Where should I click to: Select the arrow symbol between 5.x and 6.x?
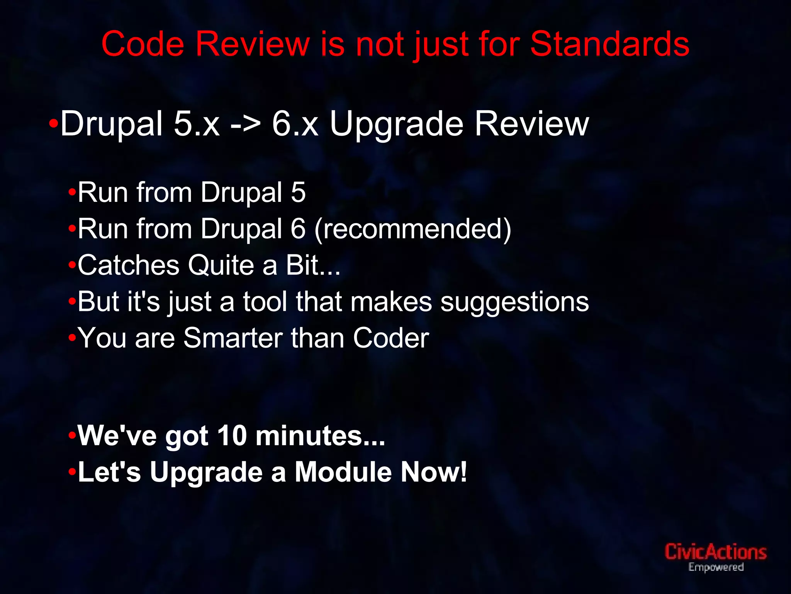pos(245,125)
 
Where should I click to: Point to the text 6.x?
pos(295,125)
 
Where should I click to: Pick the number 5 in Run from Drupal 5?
pos(298,192)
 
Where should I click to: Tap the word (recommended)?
pos(413,229)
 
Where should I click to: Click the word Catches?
pos(129,265)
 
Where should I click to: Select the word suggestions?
pos(514,302)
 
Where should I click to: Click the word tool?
pos(265,302)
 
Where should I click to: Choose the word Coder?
pos(391,338)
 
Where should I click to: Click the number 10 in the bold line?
pos(232,436)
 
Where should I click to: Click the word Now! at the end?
pos(434,472)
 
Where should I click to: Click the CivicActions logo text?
pos(715,552)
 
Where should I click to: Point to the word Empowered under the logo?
pos(716,567)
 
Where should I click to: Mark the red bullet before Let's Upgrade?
pos(72,472)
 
